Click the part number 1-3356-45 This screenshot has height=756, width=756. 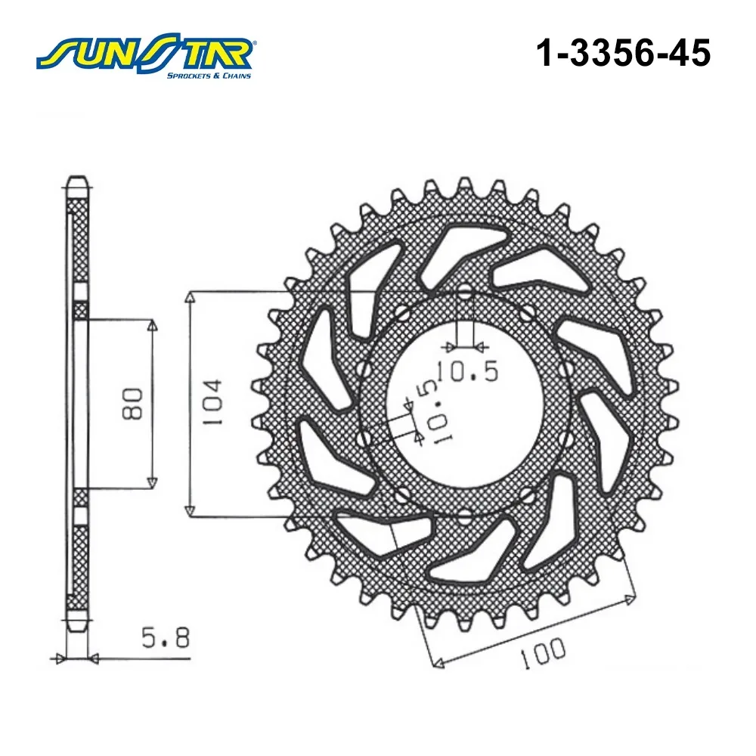624,53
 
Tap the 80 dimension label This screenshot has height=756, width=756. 132,404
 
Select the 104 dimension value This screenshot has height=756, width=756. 212,402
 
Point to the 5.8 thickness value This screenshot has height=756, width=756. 166,638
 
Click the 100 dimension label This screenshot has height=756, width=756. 543,653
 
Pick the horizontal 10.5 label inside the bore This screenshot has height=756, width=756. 467,371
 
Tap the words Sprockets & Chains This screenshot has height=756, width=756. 209,76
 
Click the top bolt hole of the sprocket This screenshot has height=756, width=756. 465,291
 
